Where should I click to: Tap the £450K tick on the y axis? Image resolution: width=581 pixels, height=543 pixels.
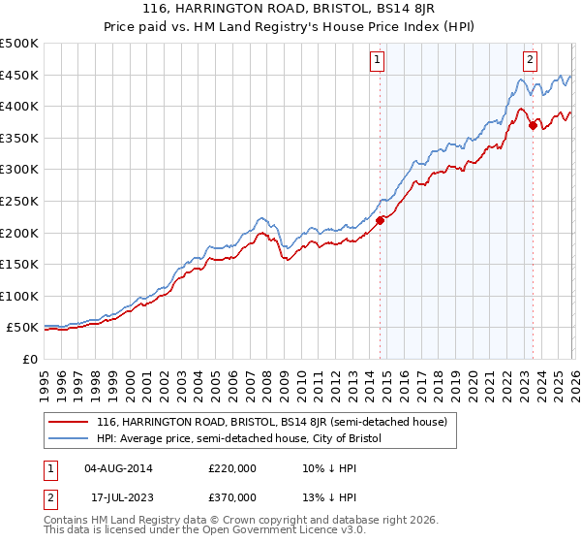19,75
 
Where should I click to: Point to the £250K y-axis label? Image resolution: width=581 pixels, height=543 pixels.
19,201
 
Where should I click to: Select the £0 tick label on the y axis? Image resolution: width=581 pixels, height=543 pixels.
28,359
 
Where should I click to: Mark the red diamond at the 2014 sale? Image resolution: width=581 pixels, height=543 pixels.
380,220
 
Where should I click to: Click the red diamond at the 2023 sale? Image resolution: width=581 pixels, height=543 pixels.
533,125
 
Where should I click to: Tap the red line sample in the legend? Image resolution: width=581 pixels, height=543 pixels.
68,422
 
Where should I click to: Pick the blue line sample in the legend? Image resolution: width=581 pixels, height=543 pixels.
68,439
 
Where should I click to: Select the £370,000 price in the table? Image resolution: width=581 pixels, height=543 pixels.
232,497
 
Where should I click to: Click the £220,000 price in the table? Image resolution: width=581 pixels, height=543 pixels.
232,468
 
